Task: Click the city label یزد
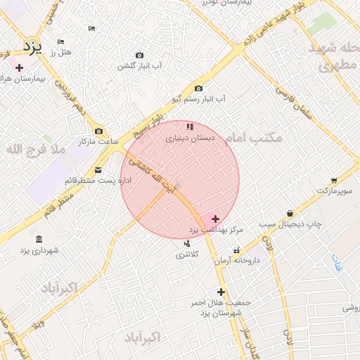pyautogui.click(x=32, y=47)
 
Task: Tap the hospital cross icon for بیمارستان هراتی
pyautogui.click(x=19, y=67)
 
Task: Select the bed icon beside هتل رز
pyautogui.click(x=60, y=42)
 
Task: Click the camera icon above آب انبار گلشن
pyautogui.click(x=139, y=55)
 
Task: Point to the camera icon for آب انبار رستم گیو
pyautogui.click(x=199, y=89)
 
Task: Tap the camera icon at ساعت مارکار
pyautogui.click(x=98, y=131)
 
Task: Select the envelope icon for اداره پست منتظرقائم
pyautogui.click(x=97, y=169)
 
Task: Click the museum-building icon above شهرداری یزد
pyautogui.click(x=38, y=239)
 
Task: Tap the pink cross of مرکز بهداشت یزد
pyautogui.click(x=215, y=219)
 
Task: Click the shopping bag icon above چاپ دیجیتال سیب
pyautogui.click(x=290, y=213)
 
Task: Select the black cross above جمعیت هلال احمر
pyautogui.click(x=221, y=292)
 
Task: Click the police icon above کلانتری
pyautogui.click(x=186, y=243)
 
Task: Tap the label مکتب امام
pyautogui.click(x=257, y=138)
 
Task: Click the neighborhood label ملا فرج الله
pyautogui.click(x=35, y=149)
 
